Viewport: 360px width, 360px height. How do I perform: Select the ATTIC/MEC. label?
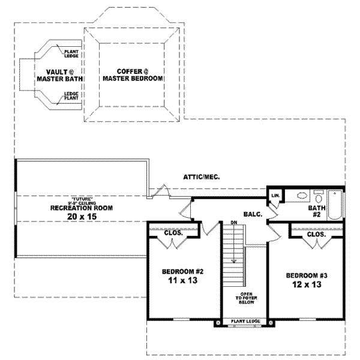pyautogui.click(x=200, y=177)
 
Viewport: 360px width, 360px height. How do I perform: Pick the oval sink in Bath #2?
pyautogui.click(x=302, y=196)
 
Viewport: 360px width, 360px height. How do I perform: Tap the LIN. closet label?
pyautogui.click(x=275, y=196)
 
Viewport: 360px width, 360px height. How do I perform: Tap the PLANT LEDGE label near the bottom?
pyautogui.click(x=245, y=322)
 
